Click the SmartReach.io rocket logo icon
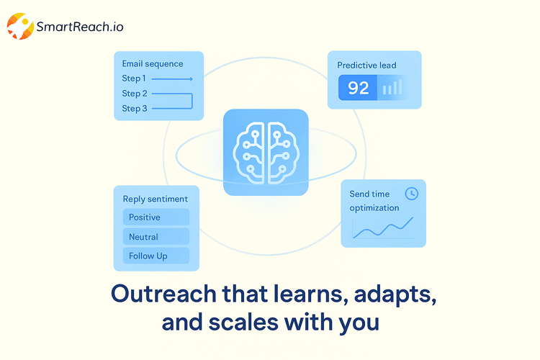(19, 27)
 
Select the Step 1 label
(134, 78)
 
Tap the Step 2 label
(134, 94)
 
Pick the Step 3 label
(134, 109)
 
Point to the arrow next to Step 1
(172, 78)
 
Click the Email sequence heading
(153, 63)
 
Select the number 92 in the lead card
(358, 88)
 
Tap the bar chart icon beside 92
(392, 88)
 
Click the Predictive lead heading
(367, 66)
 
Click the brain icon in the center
(266, 152)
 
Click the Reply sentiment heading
(155, 199)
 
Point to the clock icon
(412, 193)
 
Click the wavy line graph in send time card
(382, 229)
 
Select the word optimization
(374, 208)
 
